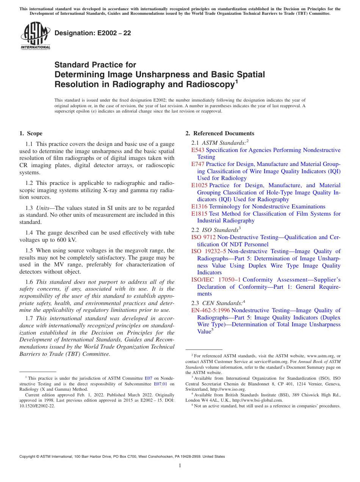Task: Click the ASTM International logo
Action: pyautogui.click(x=35, y=36)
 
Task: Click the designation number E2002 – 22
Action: pyautogui.click(x=93, y=33)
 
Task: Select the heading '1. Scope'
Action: pyautogui.click(x=31, y=133)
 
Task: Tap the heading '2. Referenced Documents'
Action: pyautogui.click(x=220, y=133)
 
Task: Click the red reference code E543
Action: pyautogui.click(x=198, y=150)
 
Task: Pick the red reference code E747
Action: pyautogui.click(x=198, y=164)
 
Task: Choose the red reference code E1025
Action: pyautogui.click(x=199, y=185)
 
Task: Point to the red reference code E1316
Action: pyautogui.click(x=199, y=207)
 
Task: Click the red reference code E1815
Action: pyautogui.click(x=199, y=214)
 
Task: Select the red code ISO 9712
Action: pyautogui.click(x=203, y=237)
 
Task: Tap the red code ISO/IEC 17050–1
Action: pyautogui.click(x=216, y=280)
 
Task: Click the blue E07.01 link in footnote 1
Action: pyautogui.click(x=160, y=383)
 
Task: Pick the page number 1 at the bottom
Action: pyautogui.click(x=180, y=465)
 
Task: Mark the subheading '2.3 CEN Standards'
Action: pyautogui.click(x=218, y=303)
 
